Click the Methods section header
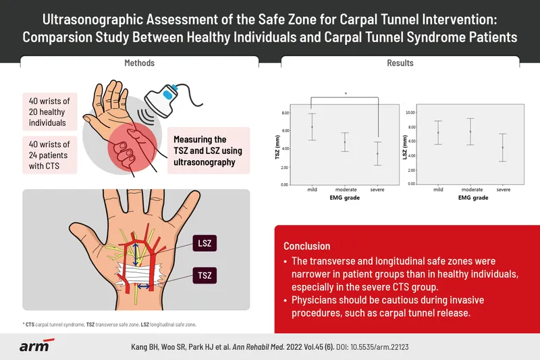tap(140, 63)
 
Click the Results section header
tap(400, 63)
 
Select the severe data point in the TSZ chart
tap(378, 153)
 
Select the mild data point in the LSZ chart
tap(438, 132)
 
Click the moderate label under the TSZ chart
tap(345, 190)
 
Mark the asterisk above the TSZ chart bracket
tap(346, 94)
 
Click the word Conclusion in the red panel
tap(306, 246)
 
